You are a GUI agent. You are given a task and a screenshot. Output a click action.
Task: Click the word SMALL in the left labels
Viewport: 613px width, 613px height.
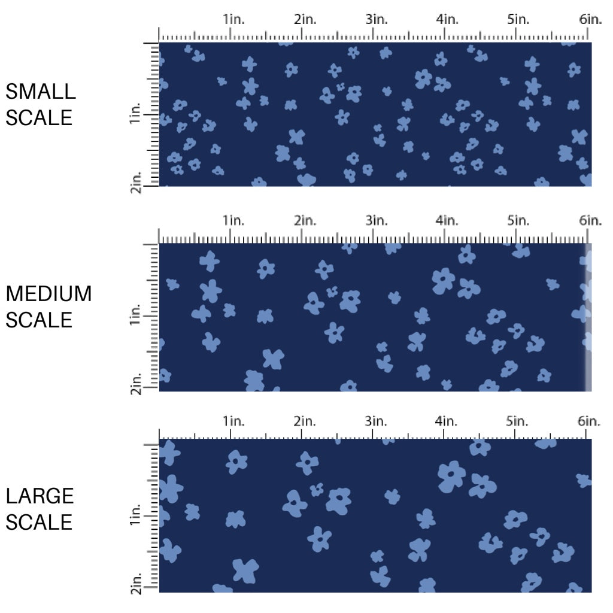[x=40, y=92]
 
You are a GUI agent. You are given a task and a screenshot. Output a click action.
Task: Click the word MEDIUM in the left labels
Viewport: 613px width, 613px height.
[x=48, y=294]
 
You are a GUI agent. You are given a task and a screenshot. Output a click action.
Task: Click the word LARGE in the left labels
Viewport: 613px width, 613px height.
[x=40, y=496]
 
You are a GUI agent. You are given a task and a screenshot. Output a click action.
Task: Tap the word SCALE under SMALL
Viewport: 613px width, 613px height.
[x=39, y=117]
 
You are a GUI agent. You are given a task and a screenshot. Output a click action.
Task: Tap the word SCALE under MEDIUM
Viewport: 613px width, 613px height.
[x=39, y=320]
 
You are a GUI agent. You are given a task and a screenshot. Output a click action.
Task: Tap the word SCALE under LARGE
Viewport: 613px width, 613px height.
[x=39, y=521]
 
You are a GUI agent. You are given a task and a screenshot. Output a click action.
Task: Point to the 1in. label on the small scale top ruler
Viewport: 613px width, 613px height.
[x=234, y=19]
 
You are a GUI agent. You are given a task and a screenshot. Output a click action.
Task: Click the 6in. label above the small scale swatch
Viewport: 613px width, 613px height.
[x=590, y=19]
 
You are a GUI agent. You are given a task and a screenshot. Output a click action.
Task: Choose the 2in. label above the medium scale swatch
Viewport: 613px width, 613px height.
[x=305, y=220]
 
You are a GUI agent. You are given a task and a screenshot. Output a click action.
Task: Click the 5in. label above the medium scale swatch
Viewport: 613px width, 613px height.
[x=518, y=220]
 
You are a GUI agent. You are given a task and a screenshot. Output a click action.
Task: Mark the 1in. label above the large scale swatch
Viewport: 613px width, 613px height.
[x=234, y=421]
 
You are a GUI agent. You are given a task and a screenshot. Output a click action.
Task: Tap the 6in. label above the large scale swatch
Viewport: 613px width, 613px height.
[x=590, y=421]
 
